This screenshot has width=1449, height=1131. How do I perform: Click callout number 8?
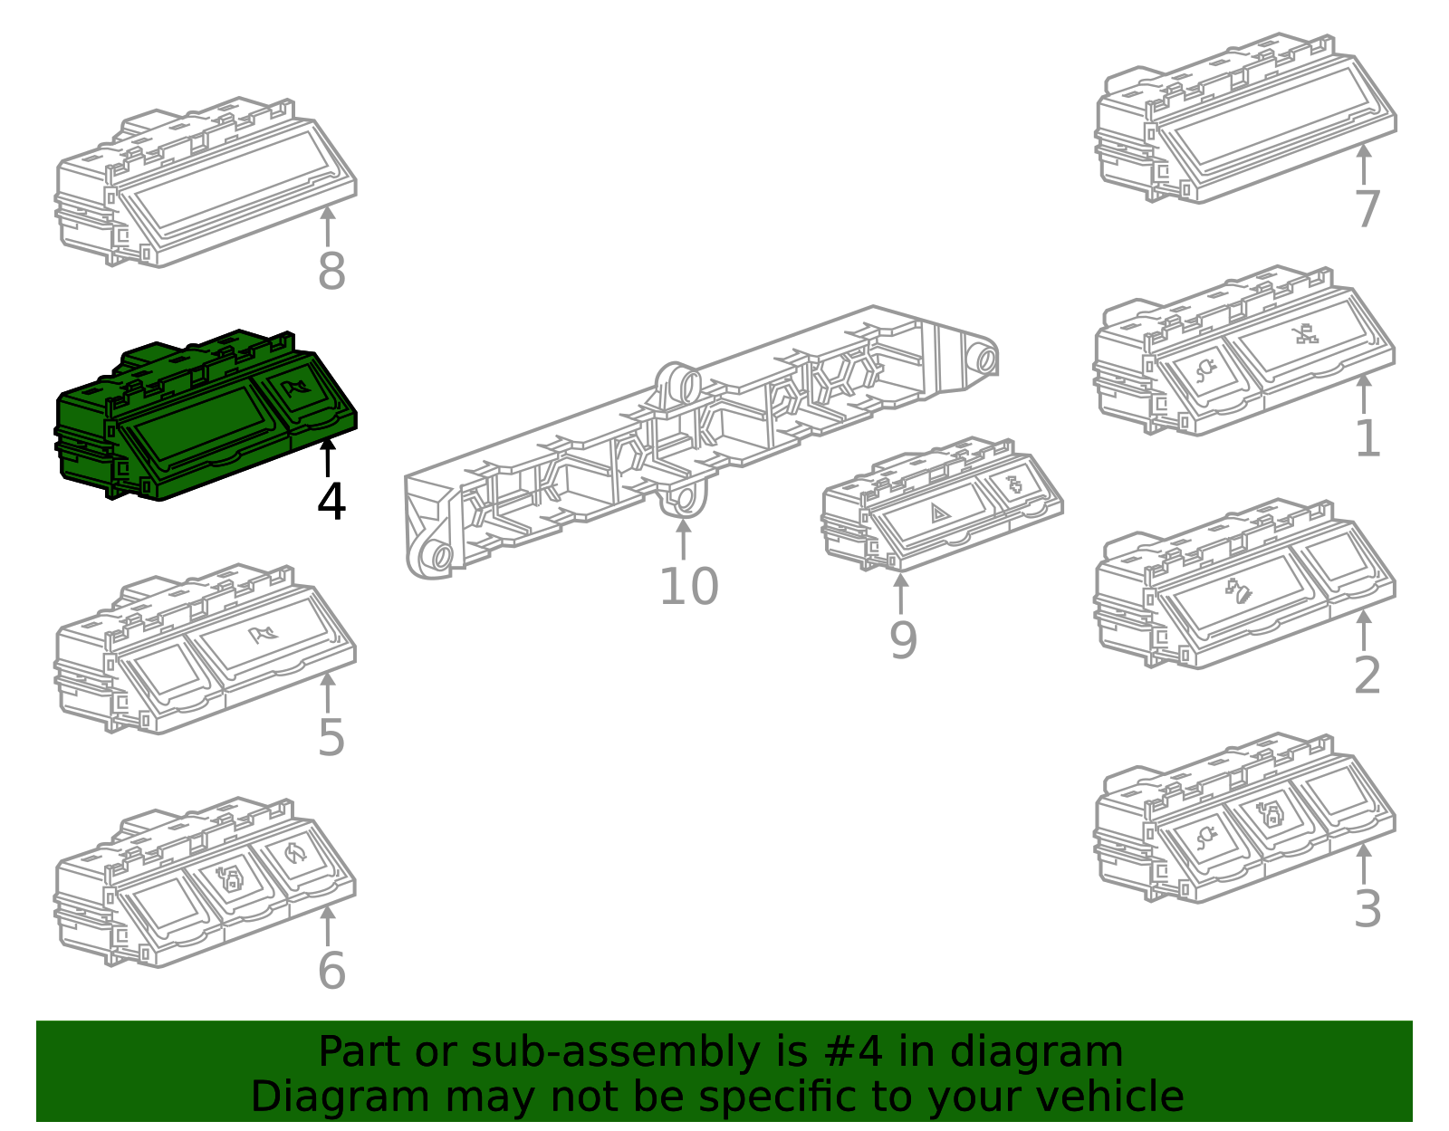coord(332,272)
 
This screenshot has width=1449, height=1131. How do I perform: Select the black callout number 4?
coord(331,501)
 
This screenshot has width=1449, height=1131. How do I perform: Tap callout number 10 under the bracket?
coord(689,587)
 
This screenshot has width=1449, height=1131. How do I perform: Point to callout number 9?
coord(903,640)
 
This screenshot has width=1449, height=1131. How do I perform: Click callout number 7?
coord(1367,209)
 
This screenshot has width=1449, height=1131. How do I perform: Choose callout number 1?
coord(1367,438)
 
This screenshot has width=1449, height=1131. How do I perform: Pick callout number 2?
coord(1367,676)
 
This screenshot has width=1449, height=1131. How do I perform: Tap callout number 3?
coord(1367,908)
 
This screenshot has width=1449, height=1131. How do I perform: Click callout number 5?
coord(331,738)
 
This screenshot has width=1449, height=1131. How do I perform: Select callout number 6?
coord(332,971)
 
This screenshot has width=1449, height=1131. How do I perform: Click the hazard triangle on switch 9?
coord(939,513)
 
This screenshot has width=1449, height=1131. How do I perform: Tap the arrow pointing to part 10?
coord(684,539)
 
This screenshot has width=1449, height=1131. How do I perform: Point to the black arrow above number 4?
coord(328,457)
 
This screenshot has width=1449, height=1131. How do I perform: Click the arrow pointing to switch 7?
coord(1364,164)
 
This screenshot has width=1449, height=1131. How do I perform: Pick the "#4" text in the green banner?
coord(853,1051)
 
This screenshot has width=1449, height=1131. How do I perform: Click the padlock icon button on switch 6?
coord(230,877)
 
